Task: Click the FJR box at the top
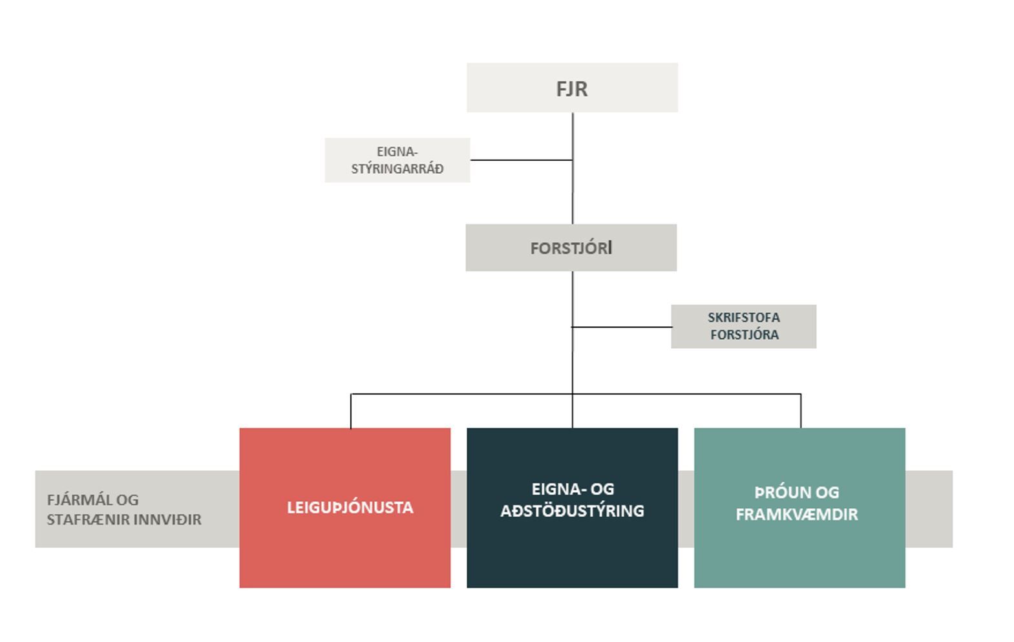572,88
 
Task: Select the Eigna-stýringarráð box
397,160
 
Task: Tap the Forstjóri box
571,248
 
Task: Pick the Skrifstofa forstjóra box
743,326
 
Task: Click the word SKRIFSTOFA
743,318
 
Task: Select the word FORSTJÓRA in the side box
744,335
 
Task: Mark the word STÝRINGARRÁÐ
397,169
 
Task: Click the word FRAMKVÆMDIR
796,515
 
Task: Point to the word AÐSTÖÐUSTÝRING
572,511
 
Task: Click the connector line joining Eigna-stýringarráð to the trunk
521,160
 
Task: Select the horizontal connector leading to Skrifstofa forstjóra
622,327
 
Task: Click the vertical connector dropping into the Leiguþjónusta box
351,411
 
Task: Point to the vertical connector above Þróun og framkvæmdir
801,411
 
